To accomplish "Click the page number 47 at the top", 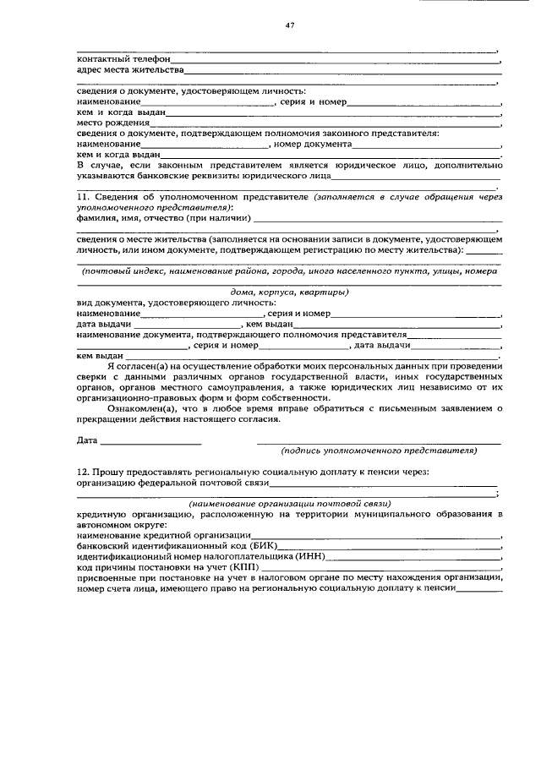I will (290, 27).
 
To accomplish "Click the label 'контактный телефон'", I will (123, 60).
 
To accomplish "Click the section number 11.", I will (83, 197).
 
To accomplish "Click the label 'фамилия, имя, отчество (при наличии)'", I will (162, 218).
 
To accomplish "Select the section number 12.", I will (83, 471).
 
